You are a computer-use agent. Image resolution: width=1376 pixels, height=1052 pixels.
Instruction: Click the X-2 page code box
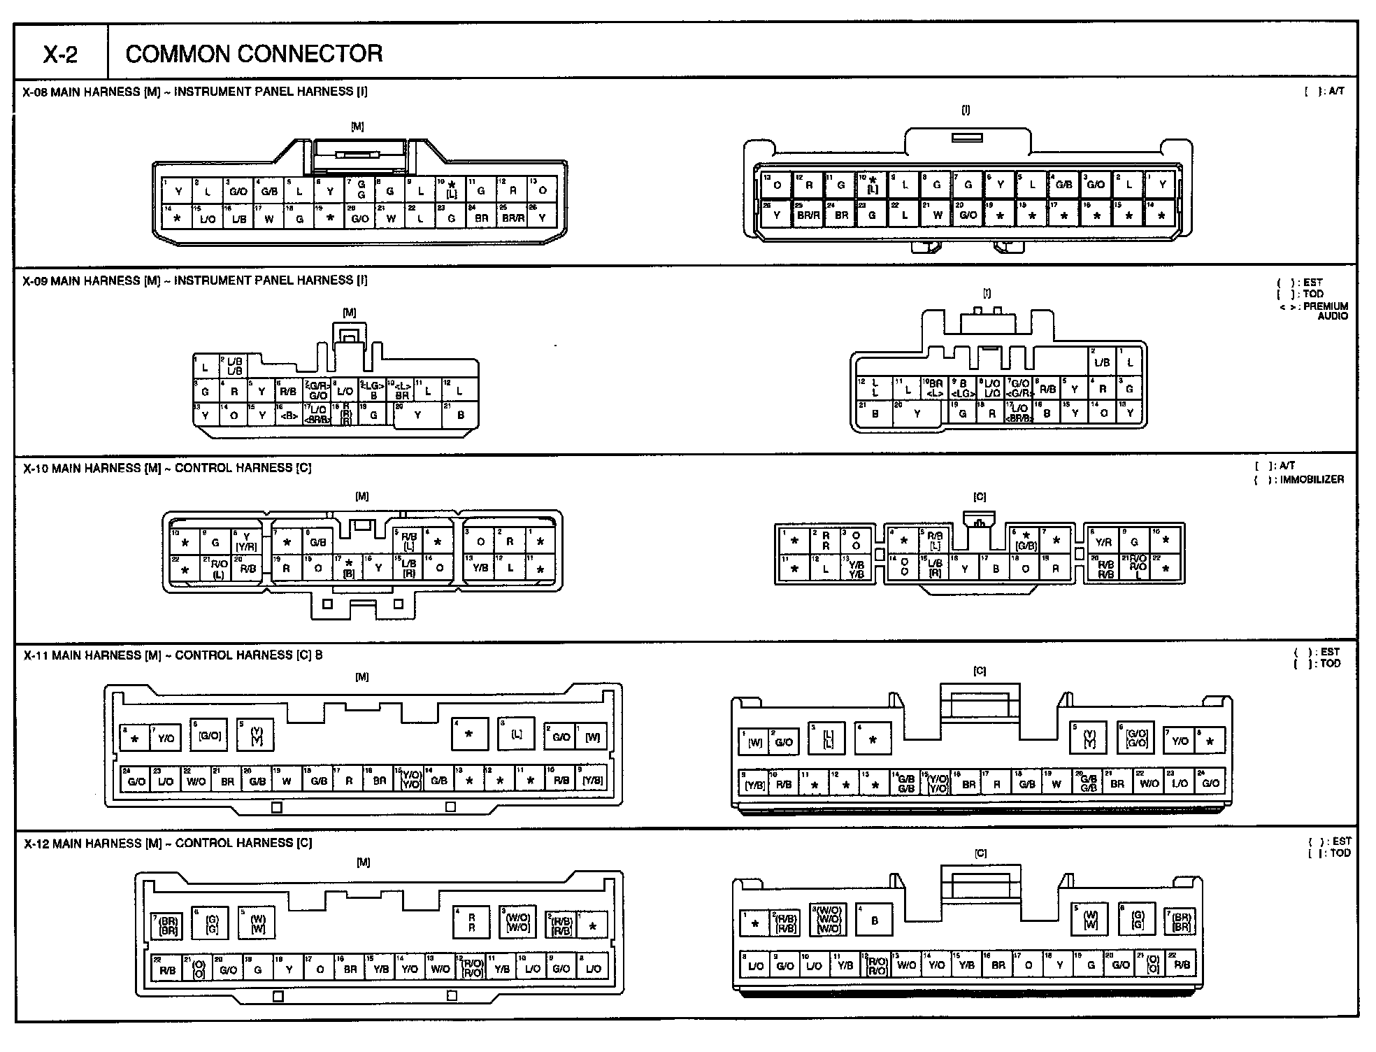[60, 54]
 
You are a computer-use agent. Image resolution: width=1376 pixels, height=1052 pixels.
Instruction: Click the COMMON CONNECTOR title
[254, 54]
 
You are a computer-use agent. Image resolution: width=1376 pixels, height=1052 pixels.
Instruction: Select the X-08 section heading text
[195, 92]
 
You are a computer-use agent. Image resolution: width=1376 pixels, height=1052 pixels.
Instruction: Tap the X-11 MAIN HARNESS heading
[173, 655]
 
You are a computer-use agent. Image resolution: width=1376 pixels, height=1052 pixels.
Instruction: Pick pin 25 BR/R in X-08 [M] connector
[513, 218]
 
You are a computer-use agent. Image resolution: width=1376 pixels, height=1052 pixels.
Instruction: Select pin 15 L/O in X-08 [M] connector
[207, 218]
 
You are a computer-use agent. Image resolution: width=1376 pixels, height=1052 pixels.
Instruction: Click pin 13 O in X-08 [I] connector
[777, 185]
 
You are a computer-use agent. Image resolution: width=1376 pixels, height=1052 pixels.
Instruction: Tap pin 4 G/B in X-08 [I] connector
[1063, 185]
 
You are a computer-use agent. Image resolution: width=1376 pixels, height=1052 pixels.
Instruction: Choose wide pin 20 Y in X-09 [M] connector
[417, 415]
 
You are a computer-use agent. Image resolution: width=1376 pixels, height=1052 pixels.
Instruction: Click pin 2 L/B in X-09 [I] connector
[1102, 362]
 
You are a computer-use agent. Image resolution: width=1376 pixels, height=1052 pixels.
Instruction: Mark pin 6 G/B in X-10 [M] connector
[318, 542]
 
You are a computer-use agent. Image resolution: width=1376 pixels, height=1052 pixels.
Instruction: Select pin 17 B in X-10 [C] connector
[995, 569]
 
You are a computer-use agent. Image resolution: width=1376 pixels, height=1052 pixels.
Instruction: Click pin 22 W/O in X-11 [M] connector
[196, 781]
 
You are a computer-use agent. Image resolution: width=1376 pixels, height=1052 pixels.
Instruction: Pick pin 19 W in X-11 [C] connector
[1056, 783]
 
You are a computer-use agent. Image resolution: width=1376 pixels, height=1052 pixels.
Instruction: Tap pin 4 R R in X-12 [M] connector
[472, 923]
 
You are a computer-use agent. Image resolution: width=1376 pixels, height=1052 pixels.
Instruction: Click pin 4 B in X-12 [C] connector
[874, 921]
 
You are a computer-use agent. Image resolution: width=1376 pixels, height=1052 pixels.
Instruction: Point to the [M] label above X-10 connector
[361, 497]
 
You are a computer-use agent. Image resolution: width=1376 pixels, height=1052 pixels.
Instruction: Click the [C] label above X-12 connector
[980, 853]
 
